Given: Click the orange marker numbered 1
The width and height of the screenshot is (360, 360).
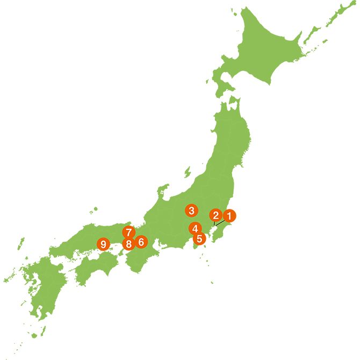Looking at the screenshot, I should [x=229, y=216].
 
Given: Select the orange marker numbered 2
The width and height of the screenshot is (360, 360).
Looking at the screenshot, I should [x=215, y=216].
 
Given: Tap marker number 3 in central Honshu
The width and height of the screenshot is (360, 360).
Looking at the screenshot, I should [x=191, y=210].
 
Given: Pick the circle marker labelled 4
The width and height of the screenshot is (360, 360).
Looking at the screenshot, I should [x=195, y=228].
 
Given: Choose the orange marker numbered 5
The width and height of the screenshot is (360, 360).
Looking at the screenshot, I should [x=199, y=239].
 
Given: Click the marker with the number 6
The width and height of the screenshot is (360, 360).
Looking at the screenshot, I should [x=141, y=242].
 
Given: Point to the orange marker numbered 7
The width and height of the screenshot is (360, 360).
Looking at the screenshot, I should [x=128, y=233].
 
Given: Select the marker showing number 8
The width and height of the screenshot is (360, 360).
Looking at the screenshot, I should [x=128, y=244].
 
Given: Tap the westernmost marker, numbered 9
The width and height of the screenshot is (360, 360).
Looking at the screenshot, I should [x=103, y=244].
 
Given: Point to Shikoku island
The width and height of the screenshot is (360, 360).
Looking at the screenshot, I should [x=97, y=266].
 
